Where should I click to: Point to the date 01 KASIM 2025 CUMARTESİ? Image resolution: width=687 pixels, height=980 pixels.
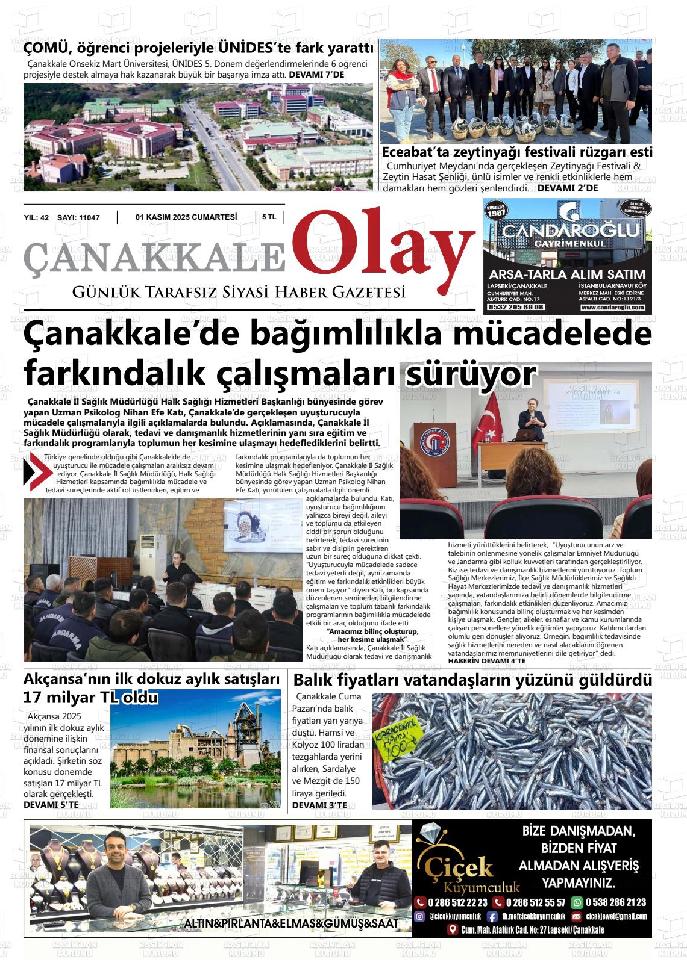point(186,217)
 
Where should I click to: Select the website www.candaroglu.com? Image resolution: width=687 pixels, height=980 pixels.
point(613,308)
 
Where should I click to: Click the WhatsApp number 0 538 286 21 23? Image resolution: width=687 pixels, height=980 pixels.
point(615,902)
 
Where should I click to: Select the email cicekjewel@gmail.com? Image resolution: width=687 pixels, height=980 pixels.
point(616,916)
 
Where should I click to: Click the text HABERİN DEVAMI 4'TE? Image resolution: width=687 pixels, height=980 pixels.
point(487,660)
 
